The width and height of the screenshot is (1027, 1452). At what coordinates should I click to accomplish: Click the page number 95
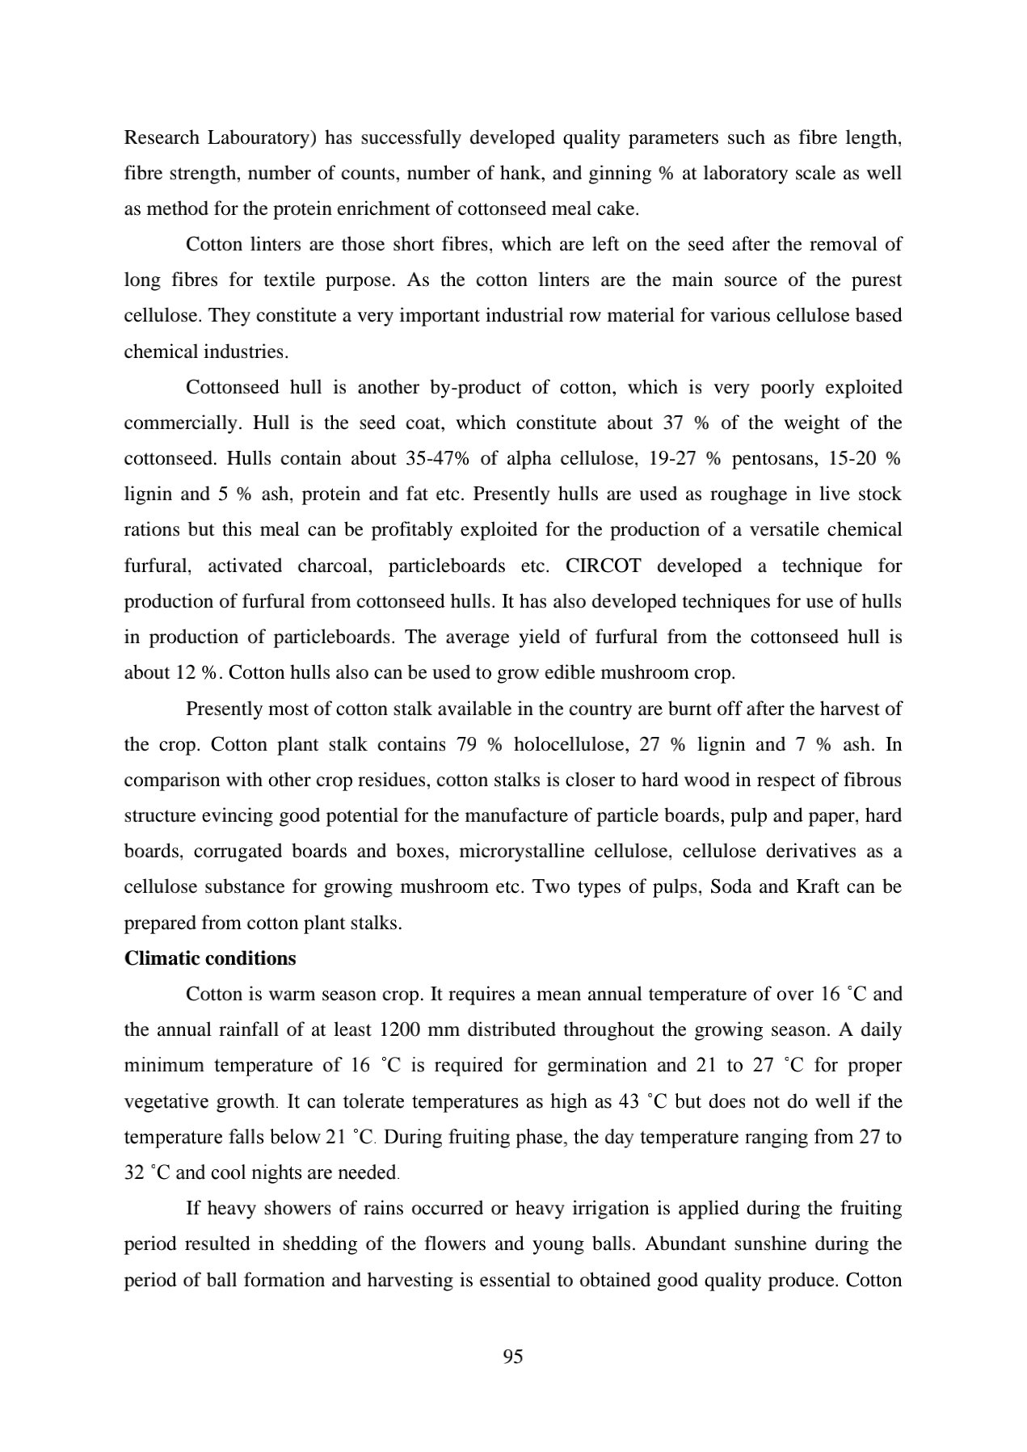(513, 1357)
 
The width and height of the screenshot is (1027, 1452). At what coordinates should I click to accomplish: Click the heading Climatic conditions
(210, 958)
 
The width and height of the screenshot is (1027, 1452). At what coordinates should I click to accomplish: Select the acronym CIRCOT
(603, 566)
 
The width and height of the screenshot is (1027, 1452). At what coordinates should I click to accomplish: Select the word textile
(292, 280)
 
